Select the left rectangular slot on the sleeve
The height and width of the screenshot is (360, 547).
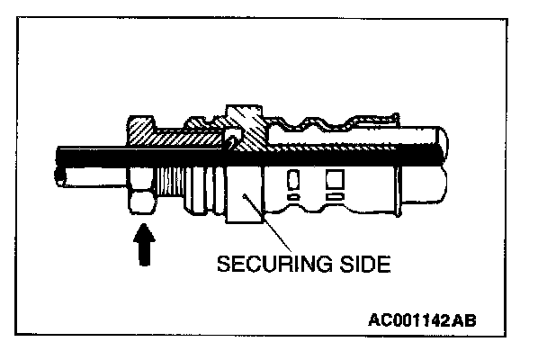(x=291, y=179)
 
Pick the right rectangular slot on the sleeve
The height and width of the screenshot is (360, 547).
(x=334, y=179)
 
